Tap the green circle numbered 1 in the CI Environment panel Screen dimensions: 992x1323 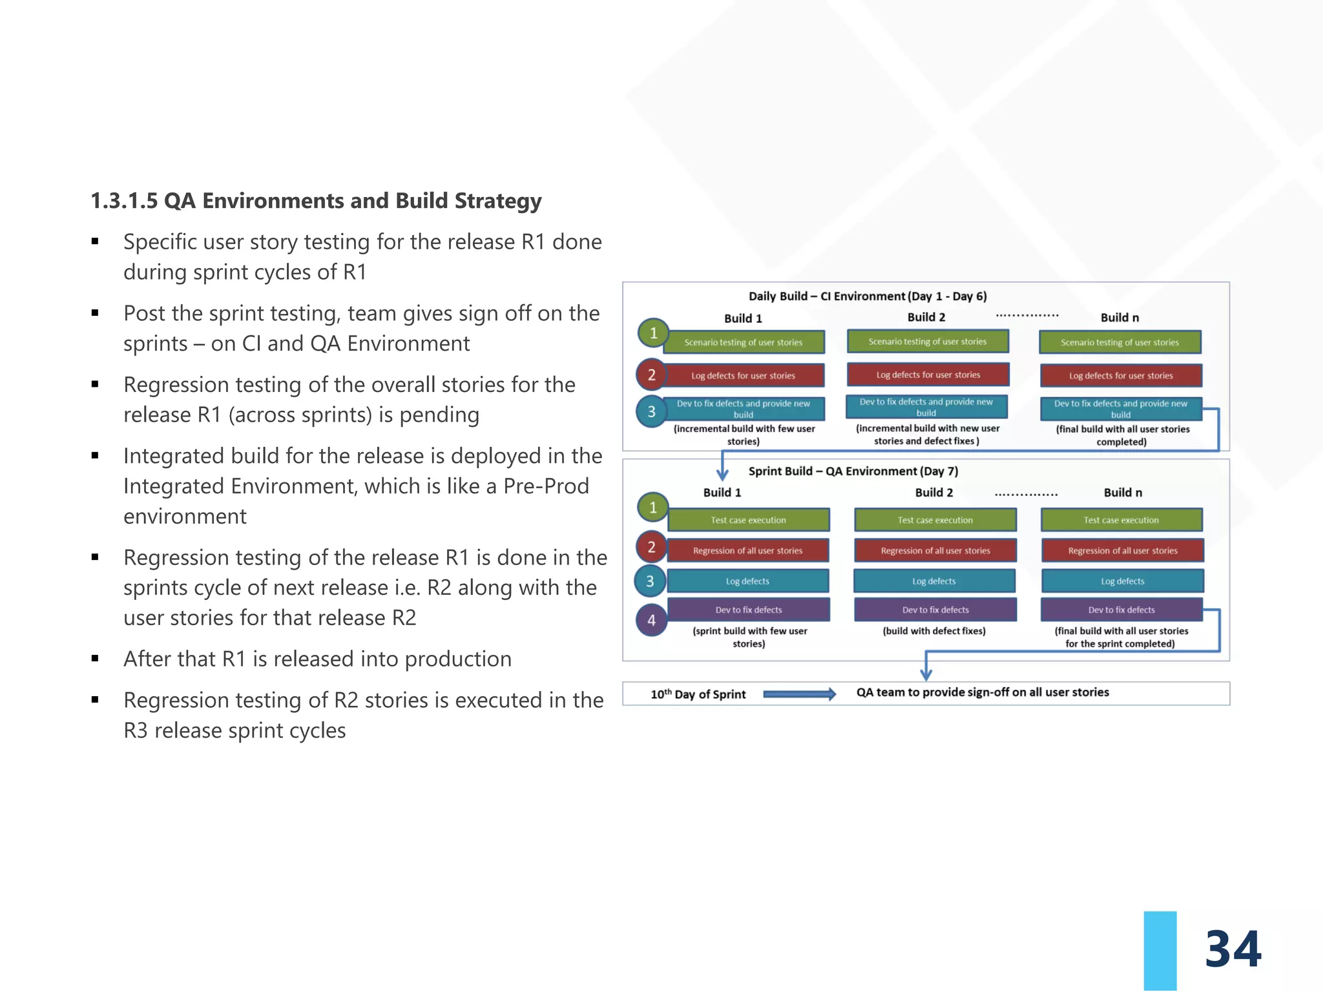click(653, 333)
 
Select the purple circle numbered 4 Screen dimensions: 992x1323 click(651, 620)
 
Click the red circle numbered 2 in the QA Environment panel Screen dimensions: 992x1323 click(651, 548)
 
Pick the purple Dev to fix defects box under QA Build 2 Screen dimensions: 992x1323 click(935, 610)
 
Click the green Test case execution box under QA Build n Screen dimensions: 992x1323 click(1121, 520)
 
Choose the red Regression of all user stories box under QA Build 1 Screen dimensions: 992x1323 click(747, 551)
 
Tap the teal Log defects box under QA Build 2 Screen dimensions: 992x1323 click(933, 581)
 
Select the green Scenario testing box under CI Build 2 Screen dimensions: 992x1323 click(927, 342)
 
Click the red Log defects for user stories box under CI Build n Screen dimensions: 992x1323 click(1121, 376)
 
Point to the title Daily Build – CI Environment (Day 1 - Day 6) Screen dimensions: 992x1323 click(868, 296)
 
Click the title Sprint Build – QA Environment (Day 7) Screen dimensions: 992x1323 click(853, 471)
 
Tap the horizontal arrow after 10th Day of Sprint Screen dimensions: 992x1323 click(799, 694)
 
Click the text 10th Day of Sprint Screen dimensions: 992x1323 click(698, 694)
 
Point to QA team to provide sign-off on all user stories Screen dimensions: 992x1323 click(983, 692)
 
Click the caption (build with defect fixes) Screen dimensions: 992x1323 click(934, 631)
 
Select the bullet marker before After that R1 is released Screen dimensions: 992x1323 click(95, 659)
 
